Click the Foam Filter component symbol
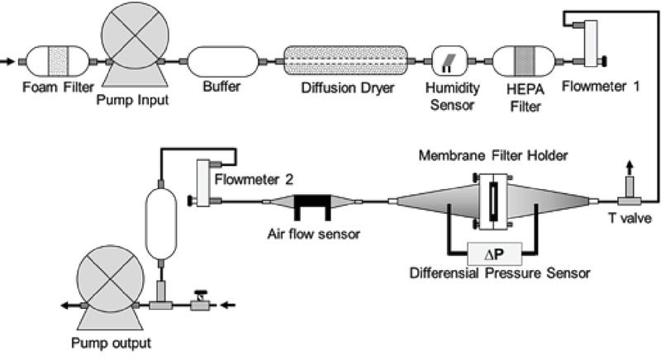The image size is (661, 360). point(58,61)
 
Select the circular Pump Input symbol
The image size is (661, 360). point(135,35)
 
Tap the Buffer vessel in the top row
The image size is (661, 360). point(222,61)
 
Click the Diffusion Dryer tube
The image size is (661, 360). point(345,61)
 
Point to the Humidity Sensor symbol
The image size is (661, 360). point(449,61)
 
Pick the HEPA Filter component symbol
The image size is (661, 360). point(524,61)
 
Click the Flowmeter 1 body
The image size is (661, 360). point(591,44)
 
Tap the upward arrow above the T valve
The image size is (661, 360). point(630,168)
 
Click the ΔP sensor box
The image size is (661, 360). point(494,253)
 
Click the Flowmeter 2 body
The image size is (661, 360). point(203,182)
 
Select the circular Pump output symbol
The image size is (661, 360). point(110,278)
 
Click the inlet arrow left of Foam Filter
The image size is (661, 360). point(7,61)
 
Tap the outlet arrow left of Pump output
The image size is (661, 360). point(70,306)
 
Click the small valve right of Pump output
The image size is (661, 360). point(200,301)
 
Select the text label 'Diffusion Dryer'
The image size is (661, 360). point(348,88)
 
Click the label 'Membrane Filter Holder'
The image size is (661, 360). point(492,155)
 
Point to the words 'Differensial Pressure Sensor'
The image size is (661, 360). point(500,272)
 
